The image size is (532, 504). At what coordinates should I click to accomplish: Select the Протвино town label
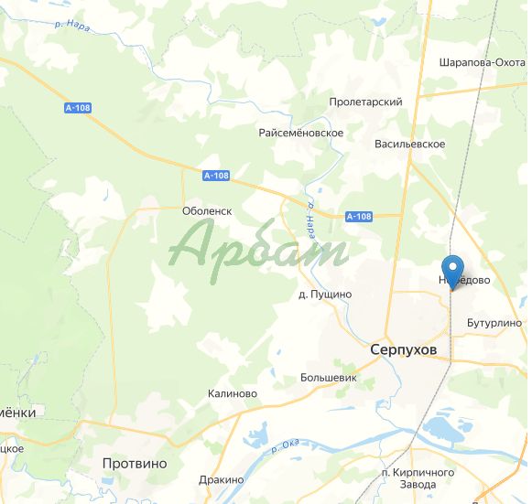click(135, 464)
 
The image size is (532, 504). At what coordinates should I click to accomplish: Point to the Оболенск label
click(208, 210)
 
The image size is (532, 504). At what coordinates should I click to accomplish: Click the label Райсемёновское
click(301, 133)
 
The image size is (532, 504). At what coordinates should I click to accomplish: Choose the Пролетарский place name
click(366, 102)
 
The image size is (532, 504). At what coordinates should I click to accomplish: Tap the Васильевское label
click(409, 145)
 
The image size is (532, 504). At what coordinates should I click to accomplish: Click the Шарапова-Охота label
click(481, 62)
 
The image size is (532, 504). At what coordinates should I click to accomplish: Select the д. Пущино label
click(325, 295)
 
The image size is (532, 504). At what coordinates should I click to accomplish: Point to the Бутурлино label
click(494, 323)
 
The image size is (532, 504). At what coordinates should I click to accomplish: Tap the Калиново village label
click(233, 393)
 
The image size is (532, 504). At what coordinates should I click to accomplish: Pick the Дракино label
click(221, 480)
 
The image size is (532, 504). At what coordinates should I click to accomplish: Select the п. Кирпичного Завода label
click(418, 477)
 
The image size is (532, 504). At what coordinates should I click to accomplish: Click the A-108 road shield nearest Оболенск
click(216, 176)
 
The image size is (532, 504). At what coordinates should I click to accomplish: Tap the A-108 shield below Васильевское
click(360, 217)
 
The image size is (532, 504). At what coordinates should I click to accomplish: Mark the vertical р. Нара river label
click(311, 220)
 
